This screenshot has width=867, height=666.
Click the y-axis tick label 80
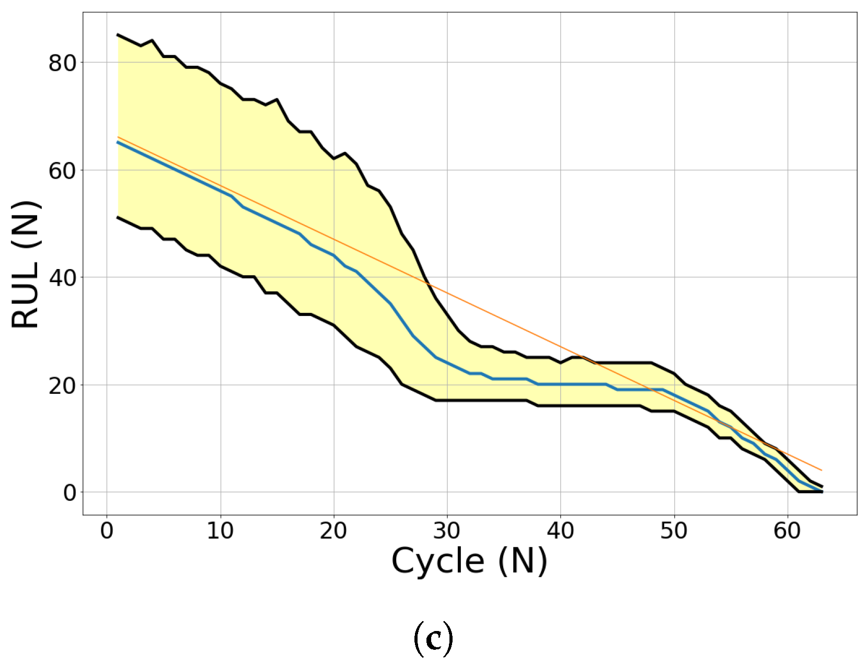(x=62, y=63)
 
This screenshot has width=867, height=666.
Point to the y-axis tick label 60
(x=62, y=171)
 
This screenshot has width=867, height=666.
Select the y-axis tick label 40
(x=62, y=278)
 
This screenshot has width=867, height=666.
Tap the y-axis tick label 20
(x=62, y=385)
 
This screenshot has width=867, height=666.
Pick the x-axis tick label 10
(x=220, y=531)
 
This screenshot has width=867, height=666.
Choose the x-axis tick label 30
(x=447, y=531)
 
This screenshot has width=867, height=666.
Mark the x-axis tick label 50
(x=674, y=531)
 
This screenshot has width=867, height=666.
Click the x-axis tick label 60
(x=787, y=531)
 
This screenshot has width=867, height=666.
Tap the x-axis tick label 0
(x=107, y=531)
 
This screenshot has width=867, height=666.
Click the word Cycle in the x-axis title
(x=437, y=562)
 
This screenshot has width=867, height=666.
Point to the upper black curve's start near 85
(x=118, y=34)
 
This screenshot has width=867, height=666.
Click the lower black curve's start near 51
(x=118, y=217)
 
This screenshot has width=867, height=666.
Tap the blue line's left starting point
(x=118, y=142)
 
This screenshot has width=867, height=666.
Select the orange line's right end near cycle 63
(x=822, y=470)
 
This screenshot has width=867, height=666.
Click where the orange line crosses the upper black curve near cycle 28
(x=427, y=283)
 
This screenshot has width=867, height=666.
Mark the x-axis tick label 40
(x=560, y=531)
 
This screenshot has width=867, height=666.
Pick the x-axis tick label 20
(x=333, y=531)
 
